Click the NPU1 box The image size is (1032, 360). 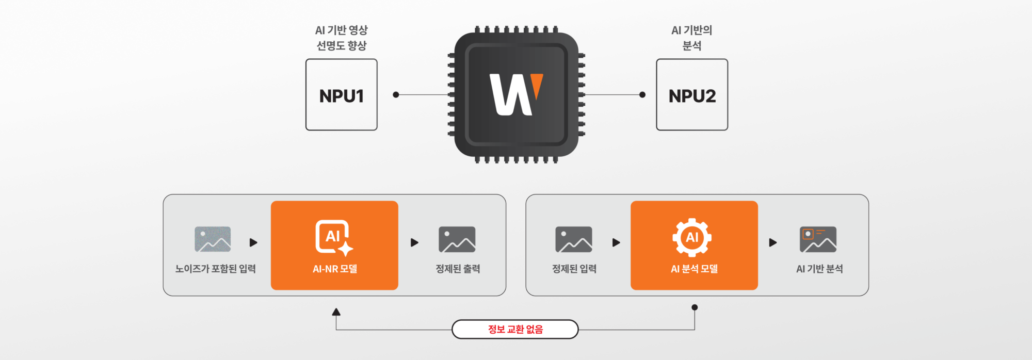(341, 95)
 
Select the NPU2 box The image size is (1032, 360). (692, 95)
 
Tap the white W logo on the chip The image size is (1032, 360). (511, 94)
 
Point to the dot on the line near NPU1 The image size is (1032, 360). (396, 95)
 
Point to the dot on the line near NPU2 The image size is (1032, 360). (642, 95)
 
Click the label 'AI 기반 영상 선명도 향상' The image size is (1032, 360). (341, 38)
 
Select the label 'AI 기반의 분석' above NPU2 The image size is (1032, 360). (692, 38)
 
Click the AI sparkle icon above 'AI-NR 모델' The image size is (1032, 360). (334, 238)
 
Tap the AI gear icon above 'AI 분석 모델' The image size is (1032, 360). (692, 237)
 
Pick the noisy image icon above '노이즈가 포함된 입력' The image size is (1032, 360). (213, 239)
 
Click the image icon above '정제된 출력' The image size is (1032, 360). (457, 239)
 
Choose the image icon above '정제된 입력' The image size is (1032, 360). (573, 239)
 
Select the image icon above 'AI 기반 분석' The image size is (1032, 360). (818, 239)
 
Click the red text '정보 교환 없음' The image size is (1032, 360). (515, 329)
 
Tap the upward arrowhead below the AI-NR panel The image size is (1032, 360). (336, 312)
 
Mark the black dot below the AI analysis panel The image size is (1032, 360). (695, 307)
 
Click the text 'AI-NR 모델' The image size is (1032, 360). (334, 269)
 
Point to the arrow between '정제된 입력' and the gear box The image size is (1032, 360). (616, 242)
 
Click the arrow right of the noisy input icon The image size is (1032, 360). (253, 242)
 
